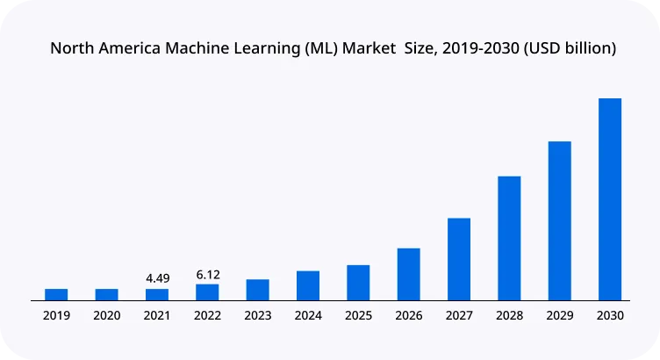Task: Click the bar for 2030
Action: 610,199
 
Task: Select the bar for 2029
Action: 559,220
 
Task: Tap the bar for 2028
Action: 509,238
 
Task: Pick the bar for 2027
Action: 459,259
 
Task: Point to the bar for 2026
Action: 408,274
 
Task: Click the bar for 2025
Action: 358,282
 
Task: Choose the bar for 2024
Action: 308,285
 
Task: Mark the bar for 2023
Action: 257,290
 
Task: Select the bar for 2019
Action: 56,294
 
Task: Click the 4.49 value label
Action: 157,278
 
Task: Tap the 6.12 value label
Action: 208,275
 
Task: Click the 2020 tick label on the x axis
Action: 107,315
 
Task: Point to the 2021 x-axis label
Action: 157,315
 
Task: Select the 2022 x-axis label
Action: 208,315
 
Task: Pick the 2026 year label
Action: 408,315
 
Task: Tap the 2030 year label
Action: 610,315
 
